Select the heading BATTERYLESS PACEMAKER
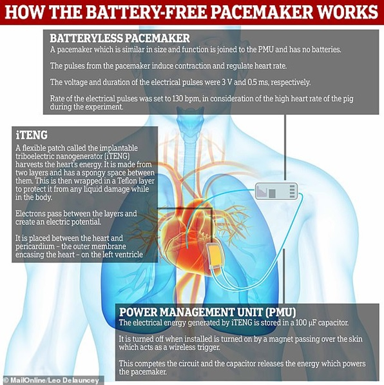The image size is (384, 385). click(120, 38)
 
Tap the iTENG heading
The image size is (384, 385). click(32, 135)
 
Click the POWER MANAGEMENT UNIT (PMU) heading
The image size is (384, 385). click(207, 312)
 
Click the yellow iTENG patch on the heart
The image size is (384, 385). click(215, 256)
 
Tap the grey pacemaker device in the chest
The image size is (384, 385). click(276, 191)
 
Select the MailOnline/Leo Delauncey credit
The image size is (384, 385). click(53, 380)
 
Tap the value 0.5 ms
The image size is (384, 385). click(257, 82)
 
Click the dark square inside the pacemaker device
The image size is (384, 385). click(272, 193)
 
